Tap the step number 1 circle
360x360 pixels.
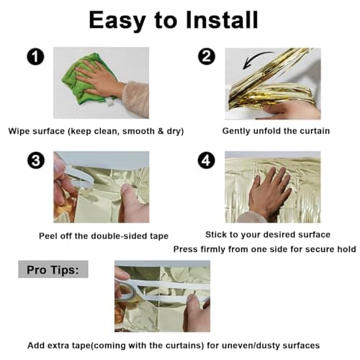tap(35, 57)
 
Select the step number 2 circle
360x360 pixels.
tap(207, 56)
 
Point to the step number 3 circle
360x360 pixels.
tap(36, 160)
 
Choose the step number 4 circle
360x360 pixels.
tap(207, 160)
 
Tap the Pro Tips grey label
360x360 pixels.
tap(53, 269)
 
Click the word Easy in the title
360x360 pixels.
tap(117, 21)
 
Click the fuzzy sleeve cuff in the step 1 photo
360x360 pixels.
tap(135, 99)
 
